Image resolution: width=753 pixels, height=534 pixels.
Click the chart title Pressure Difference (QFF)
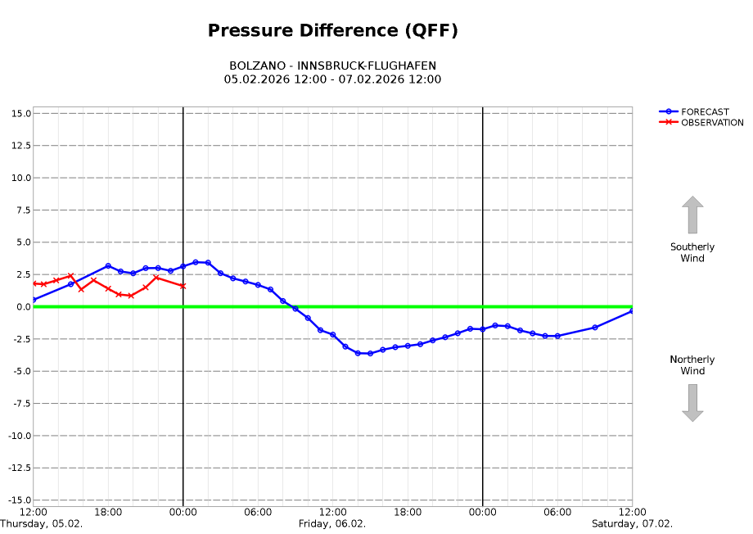[332, 31]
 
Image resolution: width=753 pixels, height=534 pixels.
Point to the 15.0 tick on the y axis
[21, 113]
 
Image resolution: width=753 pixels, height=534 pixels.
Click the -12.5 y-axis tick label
[18, 468]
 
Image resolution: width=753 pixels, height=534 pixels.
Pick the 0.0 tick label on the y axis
[22, 306]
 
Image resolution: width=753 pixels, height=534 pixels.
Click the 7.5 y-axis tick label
[22, 210]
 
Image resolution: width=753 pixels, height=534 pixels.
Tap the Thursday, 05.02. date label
[41, 524]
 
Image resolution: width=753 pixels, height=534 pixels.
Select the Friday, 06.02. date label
[331, 524]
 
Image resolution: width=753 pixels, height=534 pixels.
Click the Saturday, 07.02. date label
[632, 524]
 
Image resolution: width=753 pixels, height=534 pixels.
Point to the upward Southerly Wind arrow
[692, 215]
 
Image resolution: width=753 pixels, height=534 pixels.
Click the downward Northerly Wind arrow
[692, 403]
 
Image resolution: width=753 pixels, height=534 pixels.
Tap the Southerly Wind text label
[692, 252]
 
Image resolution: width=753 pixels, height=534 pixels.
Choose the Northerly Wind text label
[692, 365]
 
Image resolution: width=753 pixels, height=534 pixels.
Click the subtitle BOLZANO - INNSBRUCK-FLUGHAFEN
[332, 66]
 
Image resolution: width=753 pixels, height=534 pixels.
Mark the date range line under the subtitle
[332, 79]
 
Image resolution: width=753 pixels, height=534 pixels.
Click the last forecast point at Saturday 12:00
[632, 311]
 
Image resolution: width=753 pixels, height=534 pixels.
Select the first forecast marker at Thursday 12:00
[34, 300]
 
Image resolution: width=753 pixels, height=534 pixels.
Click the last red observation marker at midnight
[183, 286]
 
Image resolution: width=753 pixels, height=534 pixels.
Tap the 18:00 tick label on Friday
[408, 512]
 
